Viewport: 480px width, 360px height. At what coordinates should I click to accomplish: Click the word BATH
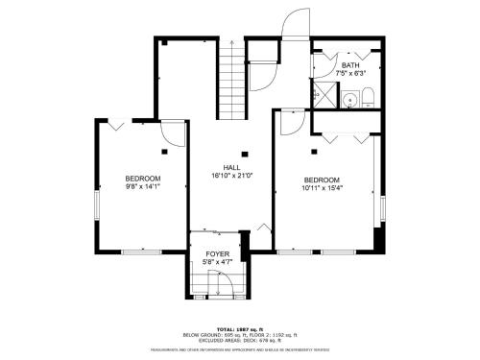coord(350,65)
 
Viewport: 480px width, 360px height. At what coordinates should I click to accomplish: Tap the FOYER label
coord(217,253)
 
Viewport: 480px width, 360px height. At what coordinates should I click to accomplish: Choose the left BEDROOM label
coord(142,180)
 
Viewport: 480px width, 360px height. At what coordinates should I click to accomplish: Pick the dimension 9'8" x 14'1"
coord(142,189)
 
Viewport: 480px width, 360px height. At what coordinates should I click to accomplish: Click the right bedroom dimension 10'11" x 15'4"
coord(323,189)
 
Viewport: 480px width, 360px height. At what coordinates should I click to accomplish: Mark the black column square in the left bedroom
coord(165,152)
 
